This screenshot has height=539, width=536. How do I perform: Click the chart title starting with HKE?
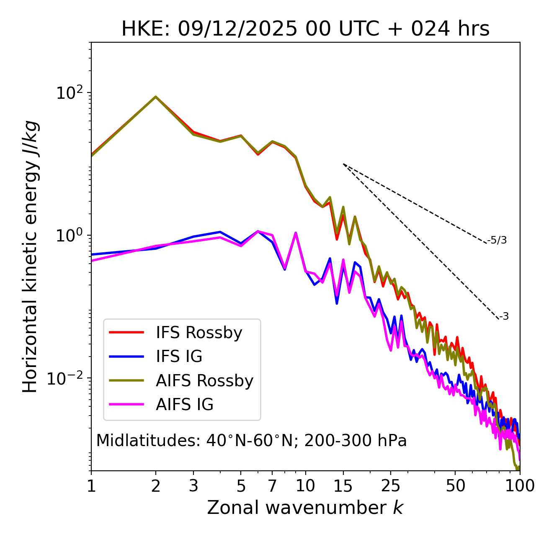point(305,29)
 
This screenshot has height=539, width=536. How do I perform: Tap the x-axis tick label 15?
point(343,486)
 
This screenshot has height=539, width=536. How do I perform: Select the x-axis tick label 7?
point(272,486)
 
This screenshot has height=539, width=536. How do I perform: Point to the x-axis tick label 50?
point(455,486)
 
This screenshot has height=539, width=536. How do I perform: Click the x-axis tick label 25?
point(391,486)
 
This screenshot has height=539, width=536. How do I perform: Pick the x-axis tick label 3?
point(193,486)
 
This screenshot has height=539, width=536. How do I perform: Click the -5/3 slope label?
point(497,240)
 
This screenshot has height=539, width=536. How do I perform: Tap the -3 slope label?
point(504,317)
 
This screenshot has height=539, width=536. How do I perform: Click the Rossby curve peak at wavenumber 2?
point(156,97)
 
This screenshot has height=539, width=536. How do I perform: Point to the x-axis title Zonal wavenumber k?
point(305,508)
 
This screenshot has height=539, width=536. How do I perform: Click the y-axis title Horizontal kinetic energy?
point(31,256)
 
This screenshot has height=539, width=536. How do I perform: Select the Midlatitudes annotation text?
point(251,441)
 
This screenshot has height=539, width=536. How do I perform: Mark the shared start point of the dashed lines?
point(343,164)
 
